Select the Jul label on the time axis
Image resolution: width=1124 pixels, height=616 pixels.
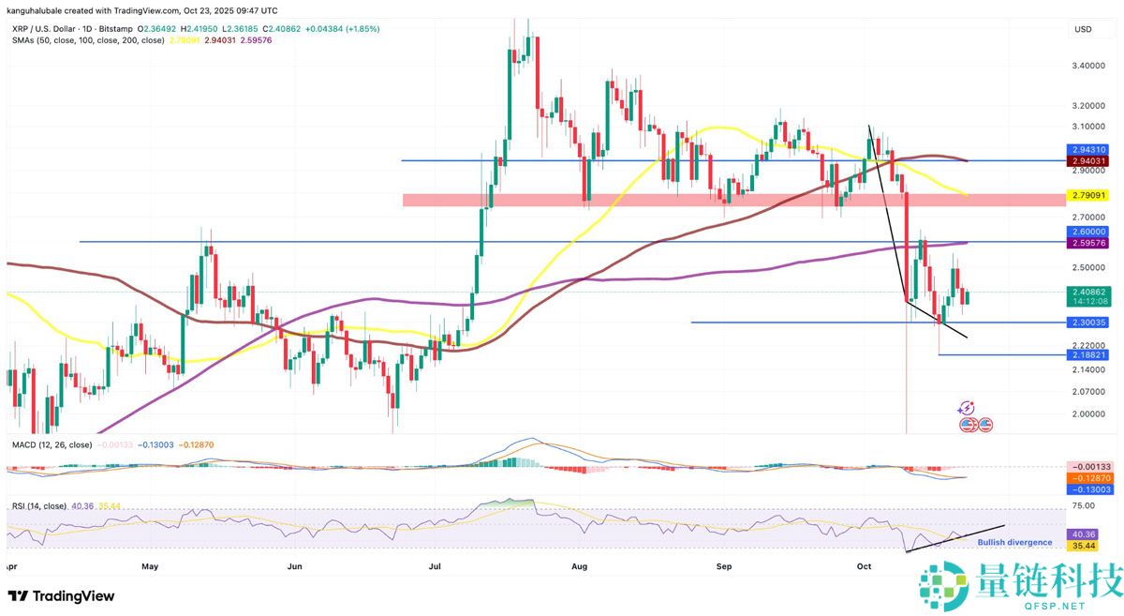click(x=436, y=567)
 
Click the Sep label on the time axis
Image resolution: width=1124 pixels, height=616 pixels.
click(x=723, y=567)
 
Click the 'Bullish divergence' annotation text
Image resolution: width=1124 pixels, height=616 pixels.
click(x=1014, y=542)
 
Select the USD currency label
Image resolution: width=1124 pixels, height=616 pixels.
click(x=1083, y=30)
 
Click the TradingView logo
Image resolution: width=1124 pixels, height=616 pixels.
click(x=61, y=596)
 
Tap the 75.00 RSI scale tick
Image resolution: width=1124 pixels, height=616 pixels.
click(x=1083, y=505)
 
